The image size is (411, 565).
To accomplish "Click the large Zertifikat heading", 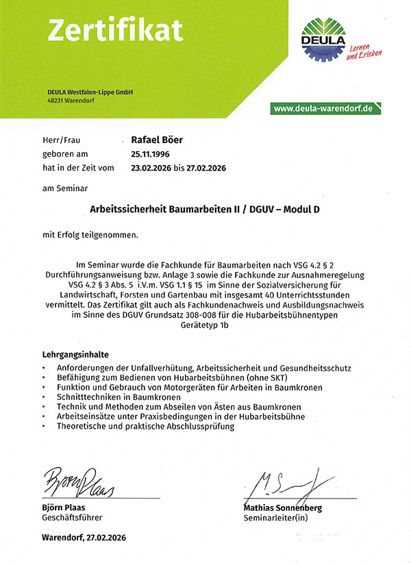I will click(114, 29).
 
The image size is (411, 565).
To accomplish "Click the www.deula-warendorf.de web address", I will click(322, 108).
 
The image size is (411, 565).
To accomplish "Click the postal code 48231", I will click(55, 101).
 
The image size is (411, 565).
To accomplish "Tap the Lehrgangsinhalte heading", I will click(75, 355).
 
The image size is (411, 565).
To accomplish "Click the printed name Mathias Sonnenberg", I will click(282, 508).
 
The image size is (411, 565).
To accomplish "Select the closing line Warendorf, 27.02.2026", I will click(84, 538).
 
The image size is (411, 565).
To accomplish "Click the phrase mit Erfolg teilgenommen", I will click(90, 234).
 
